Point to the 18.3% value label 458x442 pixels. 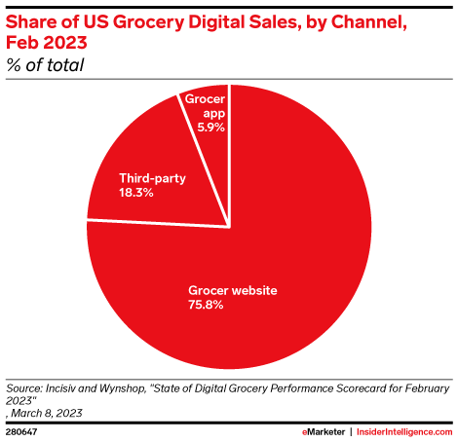click(x=136, y=194)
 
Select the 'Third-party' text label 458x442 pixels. click(x=151, y=179)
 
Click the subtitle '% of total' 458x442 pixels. click(x=44, y=65)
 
